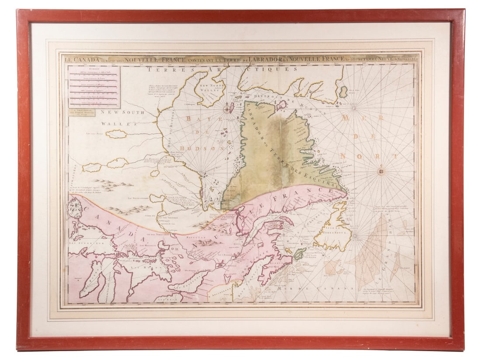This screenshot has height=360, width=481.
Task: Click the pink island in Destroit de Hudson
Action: point(281,105)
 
